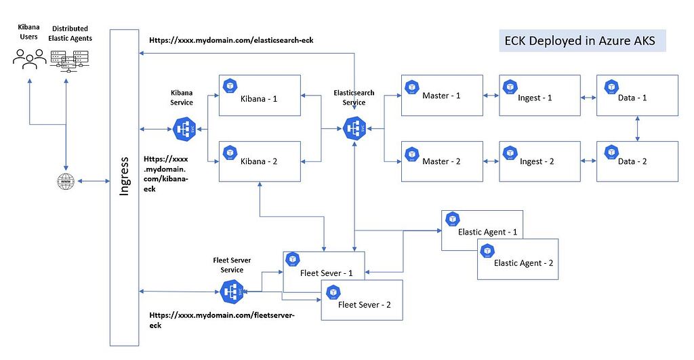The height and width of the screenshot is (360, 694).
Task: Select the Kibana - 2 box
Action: pyautogui.click(x=260, y=161)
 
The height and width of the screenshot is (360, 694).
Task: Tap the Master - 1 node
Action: pyautogui.click(x=441, y=96)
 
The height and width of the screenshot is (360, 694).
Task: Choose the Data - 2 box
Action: pyautogui.click(x=637, y=161)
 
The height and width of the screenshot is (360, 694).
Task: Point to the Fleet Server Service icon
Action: pyautogui.click(x=232, y=292)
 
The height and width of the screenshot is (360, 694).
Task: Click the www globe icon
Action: pyautogui.click(x=66, y=182)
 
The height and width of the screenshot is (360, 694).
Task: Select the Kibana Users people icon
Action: pyautogui.click(x=29, y=58)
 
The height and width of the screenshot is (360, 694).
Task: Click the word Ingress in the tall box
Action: pyautogui.click(x=124, y=177)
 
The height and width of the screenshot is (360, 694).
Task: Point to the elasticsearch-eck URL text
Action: pyautogui.click(x=231, y=40)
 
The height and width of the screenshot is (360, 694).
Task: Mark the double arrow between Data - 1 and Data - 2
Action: pyautogui.click(x=638, y=129)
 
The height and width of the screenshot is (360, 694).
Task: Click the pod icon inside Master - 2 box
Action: pyautogui.click(x=411, y=153)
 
